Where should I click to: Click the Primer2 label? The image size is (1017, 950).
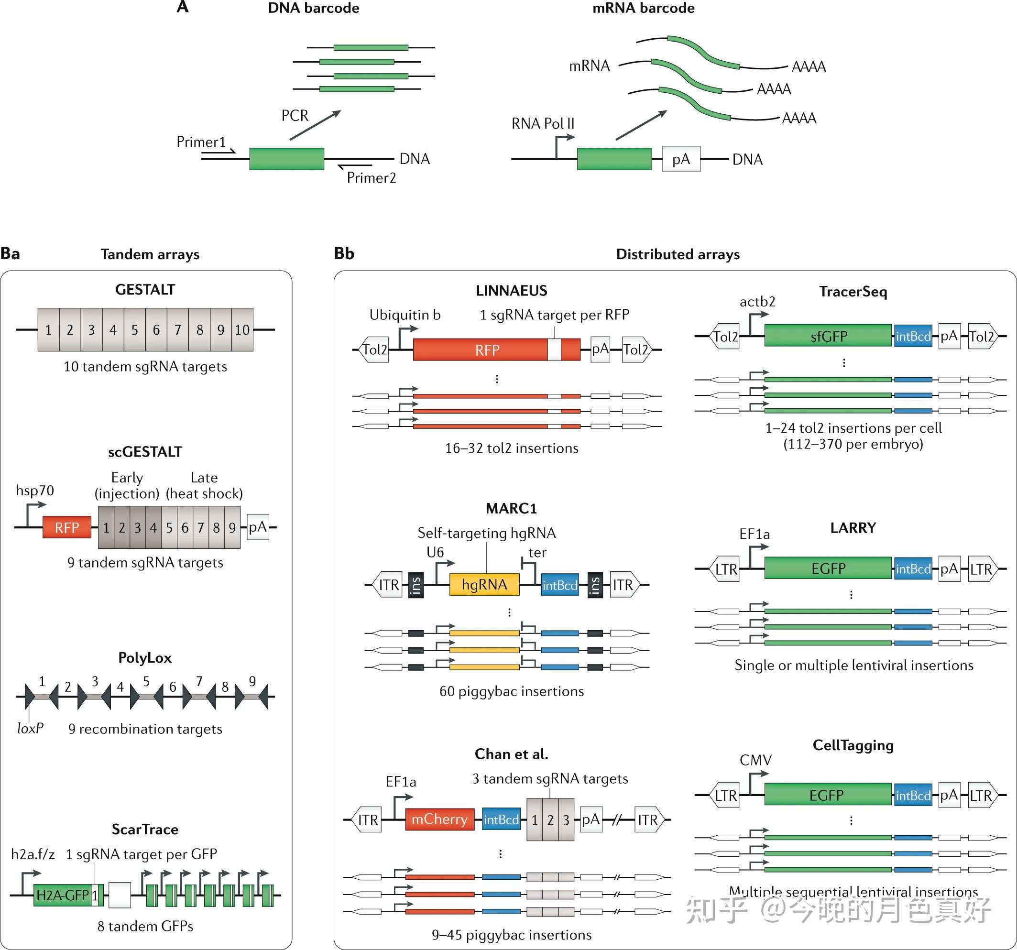pyautogui.click(x=372, y=177)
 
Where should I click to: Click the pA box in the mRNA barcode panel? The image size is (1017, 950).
pyautogui.click(x=681, y=159)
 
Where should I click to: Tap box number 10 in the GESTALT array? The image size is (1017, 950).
pyautogui.click(x=242, y=329)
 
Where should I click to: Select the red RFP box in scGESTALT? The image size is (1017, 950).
pyautogui.click(x=66, y=527)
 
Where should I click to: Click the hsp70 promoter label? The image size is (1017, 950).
pyautogui.click(x=35, y=491)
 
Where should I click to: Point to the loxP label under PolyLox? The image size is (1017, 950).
pyautogui.click(x=30, y=728)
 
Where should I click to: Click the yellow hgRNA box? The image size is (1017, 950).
pyautogui.click(x=484, y=584)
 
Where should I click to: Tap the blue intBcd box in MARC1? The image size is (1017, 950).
pyautogui.click(x=559, y=585)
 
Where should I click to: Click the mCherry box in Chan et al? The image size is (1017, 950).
pyautogui.click(x=439, y=819)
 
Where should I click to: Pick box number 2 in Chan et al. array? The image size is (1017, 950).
pyautogui.click(x=550, y=820)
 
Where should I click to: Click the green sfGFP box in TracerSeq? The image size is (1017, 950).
pyautogui.click(x=828, y=336)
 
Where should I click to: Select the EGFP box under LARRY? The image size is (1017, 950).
pyautogui.click(x=828, y=568)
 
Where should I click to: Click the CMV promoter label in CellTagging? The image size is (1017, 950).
pyautogui.click(x=755, y=760)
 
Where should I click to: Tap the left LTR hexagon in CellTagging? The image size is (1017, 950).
pyautogui.click(x=725, y=796)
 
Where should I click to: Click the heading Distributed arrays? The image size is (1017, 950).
pyautogui.click(x=678, y=254)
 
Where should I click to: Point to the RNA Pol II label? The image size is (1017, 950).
pyautogui.click(x=543, y=123)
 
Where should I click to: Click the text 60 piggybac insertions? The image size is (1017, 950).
pyautogui.click(x=511, y=691)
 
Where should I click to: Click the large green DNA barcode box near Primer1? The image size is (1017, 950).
pyautogui.click(x=286, y=159)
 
